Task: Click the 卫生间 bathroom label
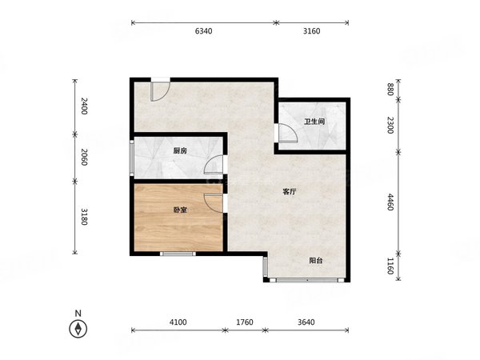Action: coord(314,122)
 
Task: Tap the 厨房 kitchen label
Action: coord(180,151)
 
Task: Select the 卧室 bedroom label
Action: coord(180,210)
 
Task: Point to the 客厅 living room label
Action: coord(290,192)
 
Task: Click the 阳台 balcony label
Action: coord(316,261)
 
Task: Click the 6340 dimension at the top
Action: coord(203,31)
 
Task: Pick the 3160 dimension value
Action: coord(312,31)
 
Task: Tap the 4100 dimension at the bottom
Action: coord(178,322)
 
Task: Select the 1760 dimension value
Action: coord(245,322)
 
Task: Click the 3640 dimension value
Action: coord(306,322)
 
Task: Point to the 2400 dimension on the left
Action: coord(84,106)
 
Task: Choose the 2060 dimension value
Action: coord(84,157)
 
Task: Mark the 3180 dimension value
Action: coord(84,217)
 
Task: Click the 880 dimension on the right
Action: coord(390,90)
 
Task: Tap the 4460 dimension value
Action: coord(390,202)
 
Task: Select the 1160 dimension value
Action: coord(390,266)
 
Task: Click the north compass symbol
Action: coord(78,329)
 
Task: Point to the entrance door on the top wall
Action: coord(161,89)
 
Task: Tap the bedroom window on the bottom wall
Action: coord(178,254)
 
